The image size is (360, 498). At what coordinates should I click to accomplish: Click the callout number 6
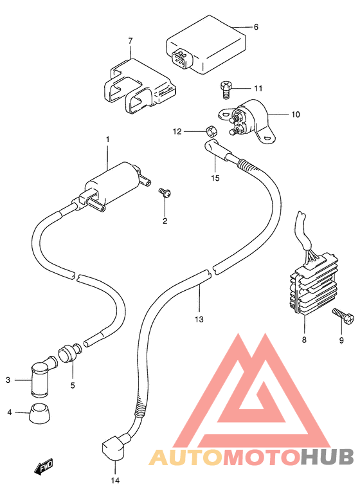[x=256, y=27]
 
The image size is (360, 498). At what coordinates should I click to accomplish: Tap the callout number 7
[x=130, y=41]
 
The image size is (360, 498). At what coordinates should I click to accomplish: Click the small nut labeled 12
[x=210, y=130]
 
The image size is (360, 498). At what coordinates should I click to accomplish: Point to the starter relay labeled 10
[x=249, y=121]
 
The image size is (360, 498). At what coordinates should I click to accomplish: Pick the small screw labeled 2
[x=165, y=193]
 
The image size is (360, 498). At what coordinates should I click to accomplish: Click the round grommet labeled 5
[x=69, y=352]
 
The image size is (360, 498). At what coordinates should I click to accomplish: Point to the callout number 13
[x=199, y=319]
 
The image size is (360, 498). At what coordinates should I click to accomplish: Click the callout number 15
[x=215, y=178]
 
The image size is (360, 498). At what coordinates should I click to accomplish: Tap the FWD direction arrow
[x=44, y=467]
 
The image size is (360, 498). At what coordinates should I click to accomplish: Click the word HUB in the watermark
[x=327, y=457]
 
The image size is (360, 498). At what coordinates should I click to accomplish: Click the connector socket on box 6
[x=181, y=59]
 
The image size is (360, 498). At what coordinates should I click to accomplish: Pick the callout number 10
[x=295, y=115]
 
